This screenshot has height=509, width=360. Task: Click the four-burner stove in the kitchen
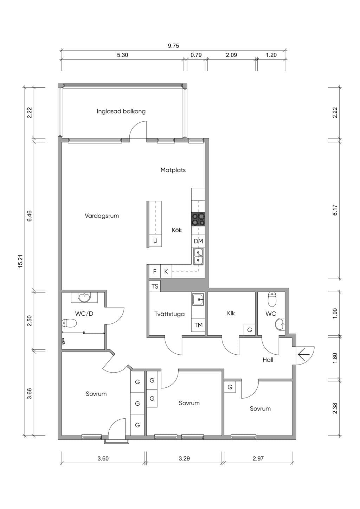tap(198, 219)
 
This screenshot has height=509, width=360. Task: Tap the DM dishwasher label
tap(198, 241)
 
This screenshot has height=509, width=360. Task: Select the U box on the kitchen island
tap(155, 241)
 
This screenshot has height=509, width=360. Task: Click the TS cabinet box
tap(155, 286)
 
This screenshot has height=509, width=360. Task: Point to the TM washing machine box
tap(198, 325)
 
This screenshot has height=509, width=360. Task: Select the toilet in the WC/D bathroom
tap(69, 323)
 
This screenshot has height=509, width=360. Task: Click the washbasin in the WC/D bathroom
tap(84, 298)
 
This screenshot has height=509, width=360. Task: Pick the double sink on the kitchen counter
tap(198, 257)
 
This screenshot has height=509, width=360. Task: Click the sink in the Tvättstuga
tap(198, 299)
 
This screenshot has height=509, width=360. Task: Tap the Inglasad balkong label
tap(121, 111)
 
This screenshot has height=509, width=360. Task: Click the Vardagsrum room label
tap(102, 215)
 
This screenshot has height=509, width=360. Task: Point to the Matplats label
tap(173, 170)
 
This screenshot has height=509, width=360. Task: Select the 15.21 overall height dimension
tap(21, 261)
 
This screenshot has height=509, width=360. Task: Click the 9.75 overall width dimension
tap(173, 46)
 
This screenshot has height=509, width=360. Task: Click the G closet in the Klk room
tap(250, 329)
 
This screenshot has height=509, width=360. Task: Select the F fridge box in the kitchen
tap(155, 271)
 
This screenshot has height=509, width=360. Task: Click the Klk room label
tap(231, 313)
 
